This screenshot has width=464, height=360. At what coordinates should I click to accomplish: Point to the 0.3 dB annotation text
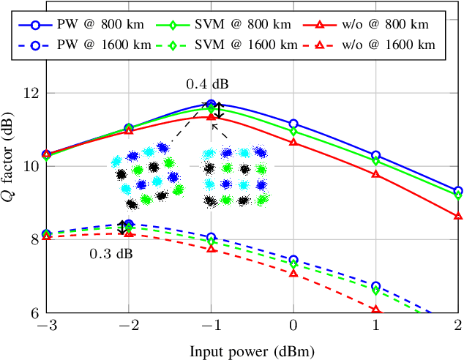pos(111,254)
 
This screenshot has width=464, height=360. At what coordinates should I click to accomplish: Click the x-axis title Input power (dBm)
pos(252,350)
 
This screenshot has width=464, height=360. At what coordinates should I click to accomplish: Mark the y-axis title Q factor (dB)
pos(10,166)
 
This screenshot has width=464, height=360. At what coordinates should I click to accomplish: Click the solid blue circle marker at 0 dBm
pos(293,124)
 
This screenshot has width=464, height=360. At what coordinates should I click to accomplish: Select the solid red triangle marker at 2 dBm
pos(458,216)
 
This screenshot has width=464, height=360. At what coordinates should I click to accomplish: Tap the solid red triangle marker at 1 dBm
pos(376,174)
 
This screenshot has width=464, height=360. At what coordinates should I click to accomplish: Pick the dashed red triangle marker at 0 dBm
pos(293,273)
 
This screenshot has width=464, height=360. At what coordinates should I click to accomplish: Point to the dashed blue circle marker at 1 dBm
pos(376,286)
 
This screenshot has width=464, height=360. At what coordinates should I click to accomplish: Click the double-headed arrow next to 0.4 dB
pos(220,110)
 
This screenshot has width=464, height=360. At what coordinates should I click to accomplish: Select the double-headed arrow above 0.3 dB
pos(121,228)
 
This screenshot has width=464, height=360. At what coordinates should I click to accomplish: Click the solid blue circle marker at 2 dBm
pos(458,190)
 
